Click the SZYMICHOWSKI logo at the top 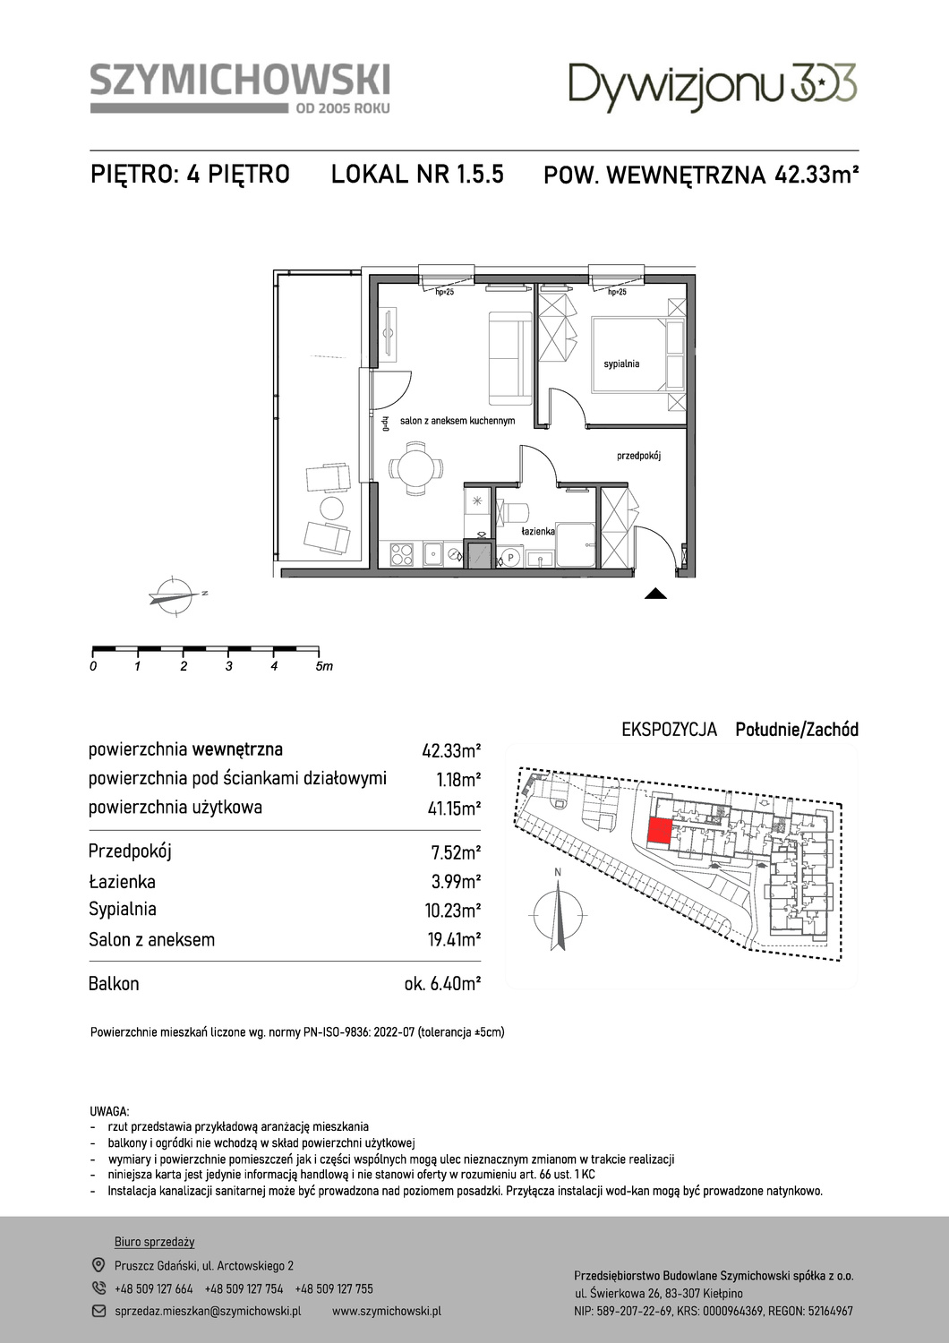coord(240,88)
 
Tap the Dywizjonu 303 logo coord(713,86)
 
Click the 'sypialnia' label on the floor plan coord(621,364)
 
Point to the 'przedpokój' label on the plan coord(638,456)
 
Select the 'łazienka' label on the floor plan coord(538,531)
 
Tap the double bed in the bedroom coord(637,355)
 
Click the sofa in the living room coord(510,357)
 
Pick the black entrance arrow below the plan coord(656,593)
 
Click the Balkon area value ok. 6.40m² coord(442,984)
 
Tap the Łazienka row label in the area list coord(122,881)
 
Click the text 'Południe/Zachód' coord(797,730)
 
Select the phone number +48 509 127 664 coord(154,1288)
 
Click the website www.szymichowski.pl coord(387,1312)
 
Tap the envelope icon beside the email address coord(98,1312)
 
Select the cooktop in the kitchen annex coord(402,554)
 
